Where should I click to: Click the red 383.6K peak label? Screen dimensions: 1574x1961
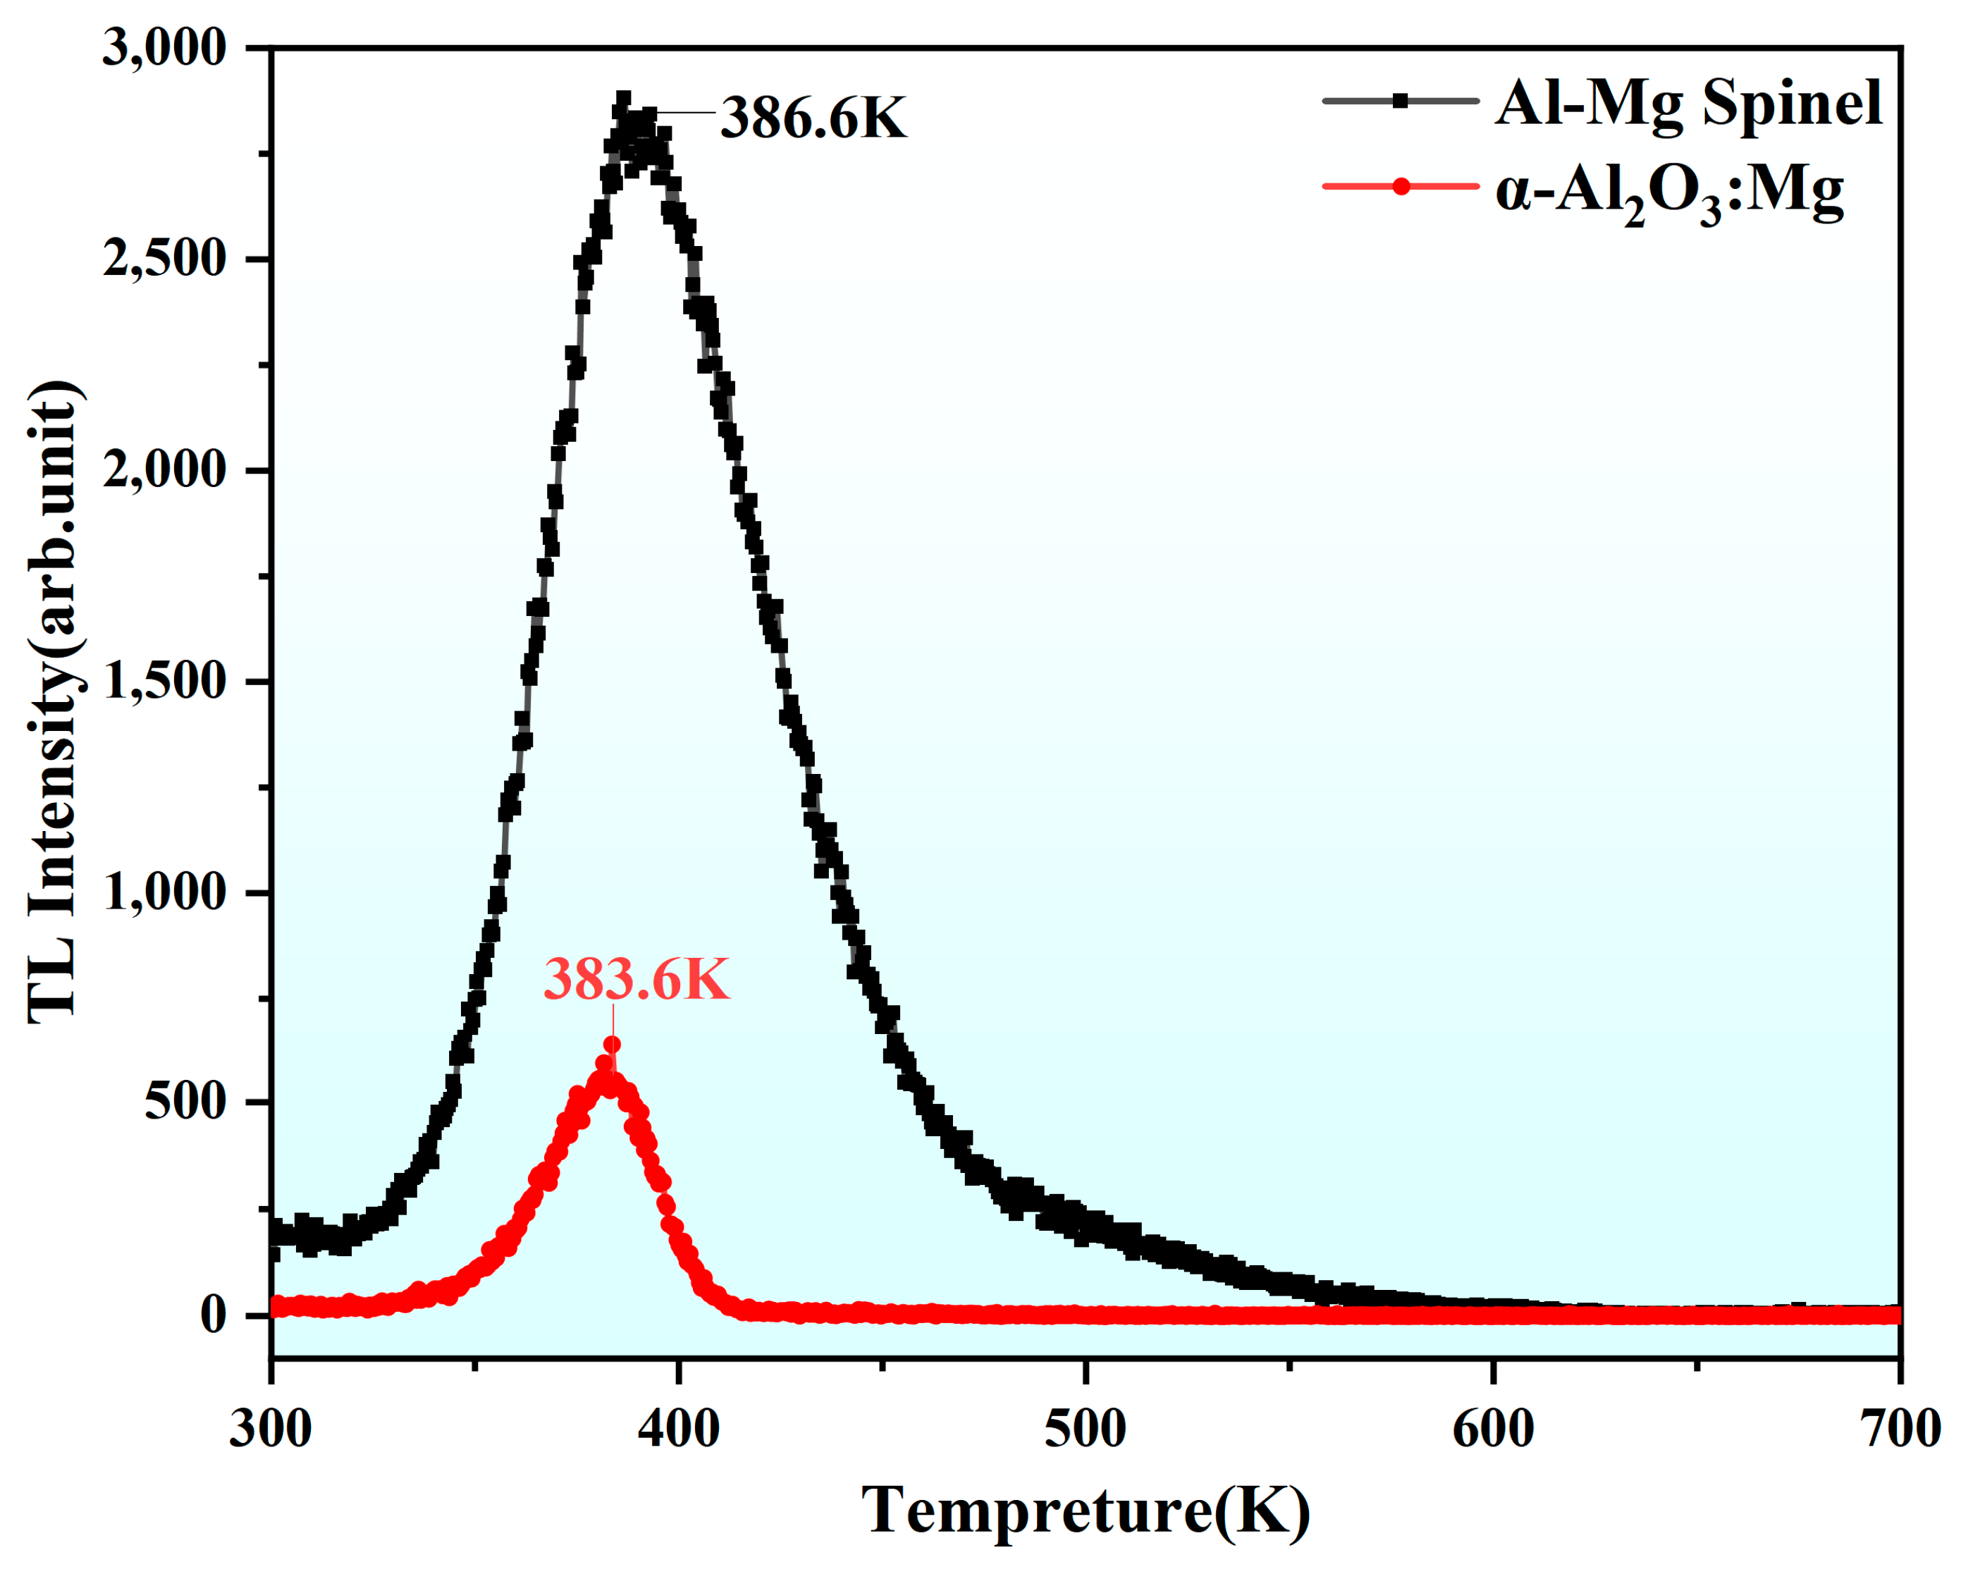point(636,980)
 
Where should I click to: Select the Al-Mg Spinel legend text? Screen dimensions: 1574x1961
point(1688,103)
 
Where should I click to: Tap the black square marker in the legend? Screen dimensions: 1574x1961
point(1401,101)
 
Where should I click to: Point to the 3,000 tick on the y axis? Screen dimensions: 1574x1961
point(164,48)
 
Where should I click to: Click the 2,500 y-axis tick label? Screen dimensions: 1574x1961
point(164,260)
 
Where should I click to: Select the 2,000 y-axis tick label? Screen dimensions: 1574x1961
point(164,471)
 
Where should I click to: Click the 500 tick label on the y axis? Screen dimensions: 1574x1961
point(185,1103)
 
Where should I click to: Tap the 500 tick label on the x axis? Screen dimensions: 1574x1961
point(1085,1429)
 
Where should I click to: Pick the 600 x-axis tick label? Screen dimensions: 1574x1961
point(1492,1429)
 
